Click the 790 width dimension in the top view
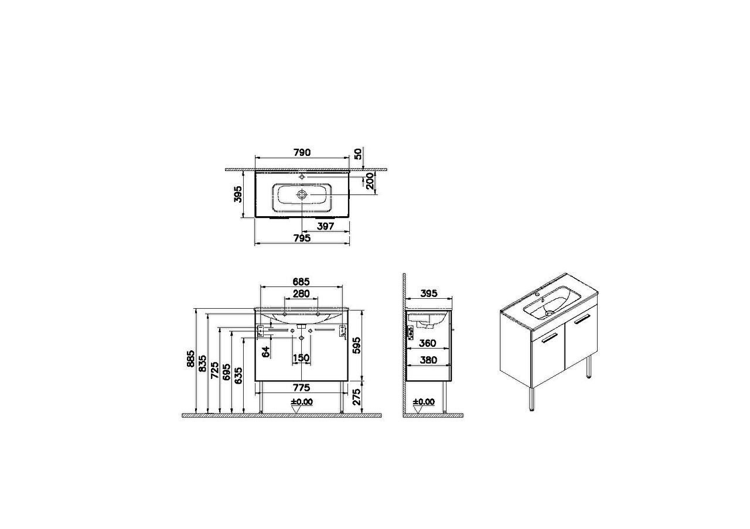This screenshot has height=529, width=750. pyautogui.click(x=302, y=152)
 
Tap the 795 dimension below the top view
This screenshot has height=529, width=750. pyautogui.click(x=302, y=238)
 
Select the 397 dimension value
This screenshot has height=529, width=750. pyautogui.click(x=325, y=226)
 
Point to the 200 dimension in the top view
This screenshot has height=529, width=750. pyautogui.click(x=370, y=181)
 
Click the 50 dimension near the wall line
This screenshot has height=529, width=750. pyautogui.click(x=358, y=154)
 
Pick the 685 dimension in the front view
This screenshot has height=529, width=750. pyautogui.click(x=301, y=282)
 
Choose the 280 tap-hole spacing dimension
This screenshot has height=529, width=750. pyautogui.click(x=301, y=293)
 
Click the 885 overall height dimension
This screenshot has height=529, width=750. pyautogui.click(x=190, y=359)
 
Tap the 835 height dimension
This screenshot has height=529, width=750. pyautogui.click(x=203, y=363)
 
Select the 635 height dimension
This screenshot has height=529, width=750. pyautogui.click(x=238, y=376)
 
